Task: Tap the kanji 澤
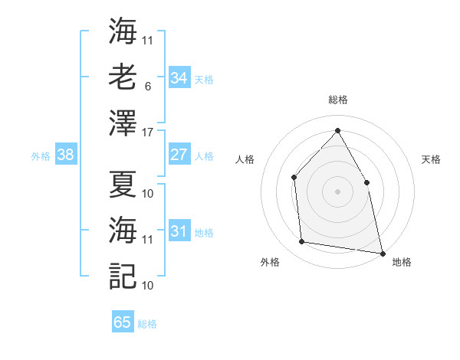click(x=123, y=123)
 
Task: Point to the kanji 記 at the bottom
click(x=123, y=274)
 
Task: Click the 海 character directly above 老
click(x=123, y=32)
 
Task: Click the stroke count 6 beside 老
click(x=148, y=87)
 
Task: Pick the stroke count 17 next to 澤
click(x=148, y=133)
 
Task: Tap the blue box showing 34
click(x=179, y=77)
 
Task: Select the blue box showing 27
click(x=179, y=155)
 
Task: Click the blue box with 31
click(x=179, y=231)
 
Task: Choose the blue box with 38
click(x=65, y=155)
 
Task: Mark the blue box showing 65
click(x=123, y=322)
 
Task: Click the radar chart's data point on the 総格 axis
click(x=337, y=130)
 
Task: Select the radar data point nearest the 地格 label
click(x=381, y=252)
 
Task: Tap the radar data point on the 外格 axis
click(x=303, y=242)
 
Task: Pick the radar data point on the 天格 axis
click(x=366, y=182)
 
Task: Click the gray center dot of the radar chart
click(x=337, y=191)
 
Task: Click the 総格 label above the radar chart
click(x=338, y=100)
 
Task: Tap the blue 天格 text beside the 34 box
click(x=204, y=79)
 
